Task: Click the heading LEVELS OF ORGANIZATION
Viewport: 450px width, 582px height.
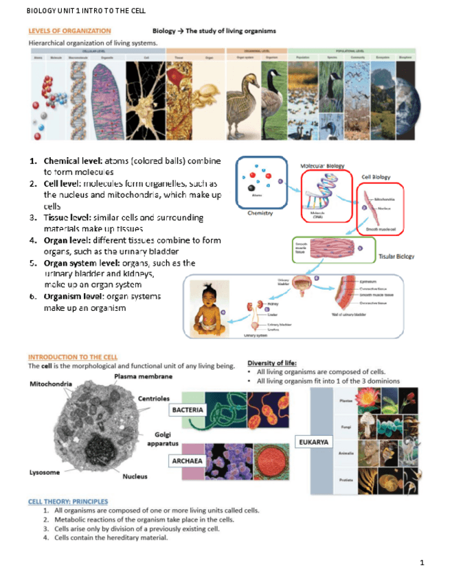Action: pyautogui.click(x=69, y=31)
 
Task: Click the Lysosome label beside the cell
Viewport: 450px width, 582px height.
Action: pyautogui.click(x=44, y=472)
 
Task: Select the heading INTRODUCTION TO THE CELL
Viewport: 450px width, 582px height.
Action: pyautogui.click(x=73, y=357)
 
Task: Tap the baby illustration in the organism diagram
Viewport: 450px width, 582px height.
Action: pyautogui.click(x=205, y=307)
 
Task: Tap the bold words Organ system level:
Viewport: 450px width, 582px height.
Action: pyautogui.click(x=85, y=263)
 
